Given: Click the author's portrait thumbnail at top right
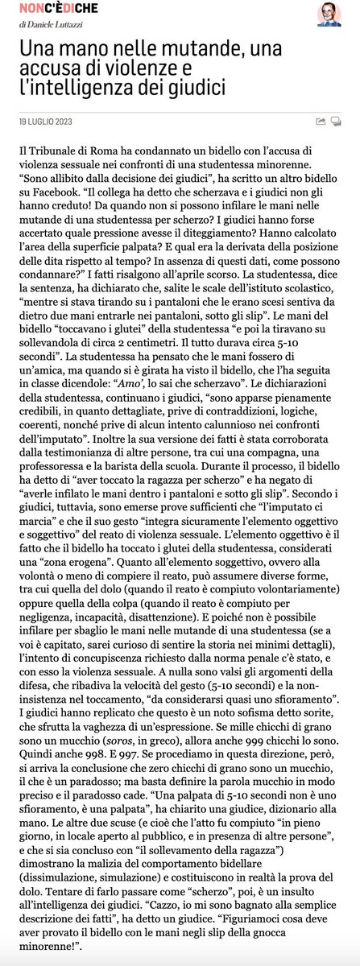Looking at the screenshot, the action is point(329,14).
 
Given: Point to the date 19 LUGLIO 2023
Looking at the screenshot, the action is point(48,122).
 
